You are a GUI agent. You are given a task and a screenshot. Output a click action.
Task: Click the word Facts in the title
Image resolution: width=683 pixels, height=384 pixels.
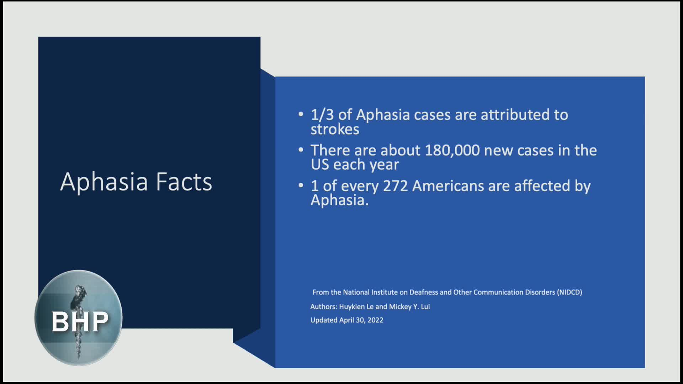pyautogui.click(x=184, y=182)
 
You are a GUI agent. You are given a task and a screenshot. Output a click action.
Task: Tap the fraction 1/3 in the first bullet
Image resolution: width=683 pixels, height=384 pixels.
pyautogui.click(x=322, y=115)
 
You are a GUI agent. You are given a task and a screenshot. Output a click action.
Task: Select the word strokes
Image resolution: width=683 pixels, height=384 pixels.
pyautogui.click(x=335, y=129)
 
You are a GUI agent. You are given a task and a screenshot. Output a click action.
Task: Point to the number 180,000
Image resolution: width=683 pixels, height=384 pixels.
pyautogui.click(x=452, y=151)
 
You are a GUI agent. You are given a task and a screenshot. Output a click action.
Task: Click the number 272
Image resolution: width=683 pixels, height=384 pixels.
pyautogui.click(x=395, y=186)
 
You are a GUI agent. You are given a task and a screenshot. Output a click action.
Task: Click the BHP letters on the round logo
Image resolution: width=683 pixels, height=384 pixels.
pyautogui.click(x=80, y=322)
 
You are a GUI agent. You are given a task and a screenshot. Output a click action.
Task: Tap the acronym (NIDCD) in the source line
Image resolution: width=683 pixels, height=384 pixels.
pyautogui.click(x=570, y=292)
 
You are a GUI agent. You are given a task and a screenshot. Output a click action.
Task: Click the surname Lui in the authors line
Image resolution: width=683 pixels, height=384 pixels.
pyautogui.click(x=425, y=306)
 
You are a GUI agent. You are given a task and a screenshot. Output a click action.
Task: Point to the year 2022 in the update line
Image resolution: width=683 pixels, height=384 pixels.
pyautogui.click(x=375, y=320)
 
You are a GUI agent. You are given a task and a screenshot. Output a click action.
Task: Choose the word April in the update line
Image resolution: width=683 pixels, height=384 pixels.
pyautogui.click(x=347, y=320)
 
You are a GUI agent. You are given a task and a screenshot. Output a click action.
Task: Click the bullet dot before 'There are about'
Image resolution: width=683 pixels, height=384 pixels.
pyautogui.click(x=301, y=150)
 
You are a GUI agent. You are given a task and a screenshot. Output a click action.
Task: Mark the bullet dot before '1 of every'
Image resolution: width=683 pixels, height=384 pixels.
pyautogui.click(x=301, y=185)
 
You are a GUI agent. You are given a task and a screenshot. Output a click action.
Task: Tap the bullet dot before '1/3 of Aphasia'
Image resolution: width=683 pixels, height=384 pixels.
pyautogui.click(x=301, y=114)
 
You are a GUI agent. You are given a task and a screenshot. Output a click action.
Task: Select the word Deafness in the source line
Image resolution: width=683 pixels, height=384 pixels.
pyautogui.click(x=423, y=292)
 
